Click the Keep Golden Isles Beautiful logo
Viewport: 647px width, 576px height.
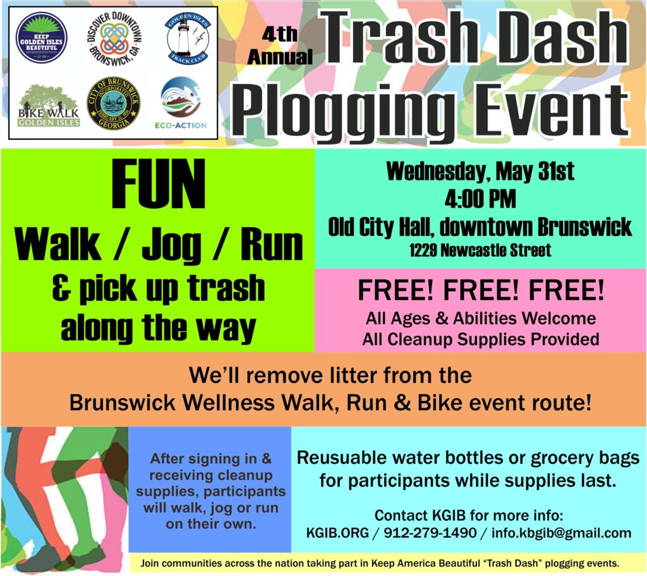42,37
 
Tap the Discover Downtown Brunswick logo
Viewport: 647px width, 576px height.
114,37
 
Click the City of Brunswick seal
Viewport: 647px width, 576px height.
114,103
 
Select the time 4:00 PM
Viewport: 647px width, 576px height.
480,199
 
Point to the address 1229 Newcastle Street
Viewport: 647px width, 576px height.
480,250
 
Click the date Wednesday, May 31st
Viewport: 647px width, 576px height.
480,172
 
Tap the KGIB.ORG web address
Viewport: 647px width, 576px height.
337,533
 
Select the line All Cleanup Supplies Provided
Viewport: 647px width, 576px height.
480,339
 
